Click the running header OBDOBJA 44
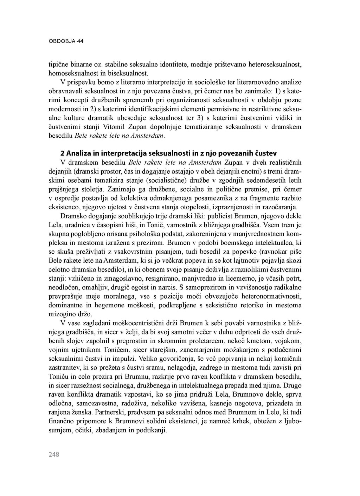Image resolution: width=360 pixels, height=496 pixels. tap(66, 41)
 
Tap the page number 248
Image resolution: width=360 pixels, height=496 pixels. tap(54, 455)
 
